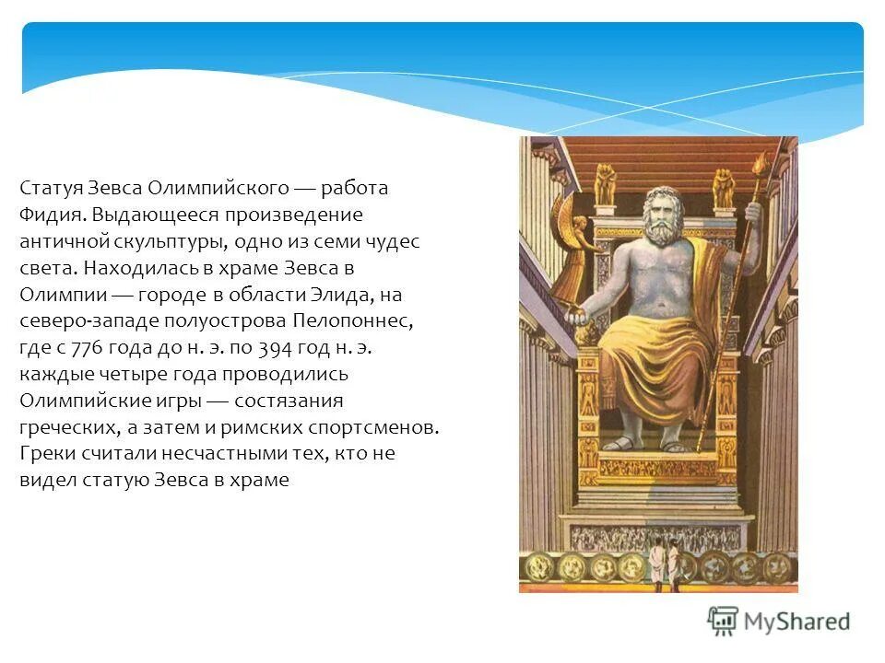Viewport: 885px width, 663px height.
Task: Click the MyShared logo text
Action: [797, 622]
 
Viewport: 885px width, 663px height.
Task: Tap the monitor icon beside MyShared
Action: [724, 622]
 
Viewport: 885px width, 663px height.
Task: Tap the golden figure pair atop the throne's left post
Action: [605, 184]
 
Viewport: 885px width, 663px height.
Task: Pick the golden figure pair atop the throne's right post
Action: [724, 187]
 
